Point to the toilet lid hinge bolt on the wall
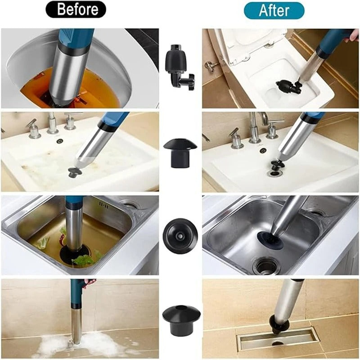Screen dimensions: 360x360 [210, 66]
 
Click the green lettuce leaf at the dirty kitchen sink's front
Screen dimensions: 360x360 [83, 260]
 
